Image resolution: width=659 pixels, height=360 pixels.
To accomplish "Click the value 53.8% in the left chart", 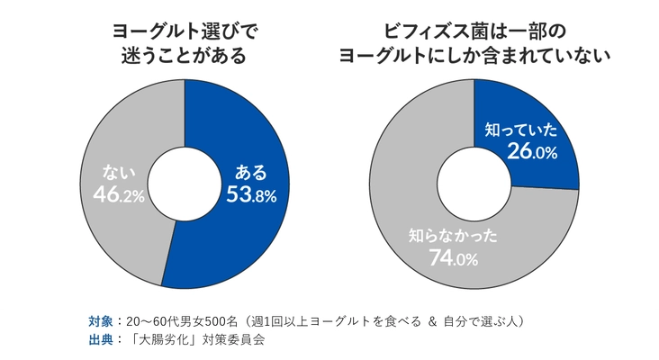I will tap(251, 193).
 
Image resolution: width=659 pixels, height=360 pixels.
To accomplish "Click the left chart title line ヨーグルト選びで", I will tap(184, 31).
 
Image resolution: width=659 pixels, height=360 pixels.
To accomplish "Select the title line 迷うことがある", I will tap(184, 55).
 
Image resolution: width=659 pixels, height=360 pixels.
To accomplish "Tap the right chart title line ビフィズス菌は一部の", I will tap(474, 31).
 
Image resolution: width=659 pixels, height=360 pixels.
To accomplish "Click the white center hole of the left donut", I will tap(184, 184).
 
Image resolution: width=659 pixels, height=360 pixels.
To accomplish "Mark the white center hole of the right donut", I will tap(474, 184).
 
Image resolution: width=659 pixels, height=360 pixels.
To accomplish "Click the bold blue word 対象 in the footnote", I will tap(100, 321).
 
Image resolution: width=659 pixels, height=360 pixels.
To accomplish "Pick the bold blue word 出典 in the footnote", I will tap(100, 340).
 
